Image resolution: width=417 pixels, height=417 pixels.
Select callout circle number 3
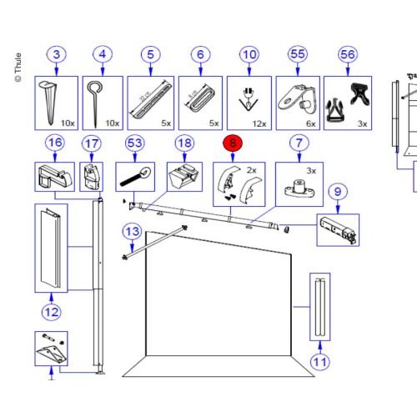[56, 57]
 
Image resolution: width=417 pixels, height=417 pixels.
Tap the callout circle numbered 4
[102, 57]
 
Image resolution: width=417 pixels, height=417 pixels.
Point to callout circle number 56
[346, 57]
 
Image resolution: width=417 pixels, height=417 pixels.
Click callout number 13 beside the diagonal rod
[131, 231]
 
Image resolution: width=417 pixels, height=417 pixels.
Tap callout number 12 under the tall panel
[51, 313]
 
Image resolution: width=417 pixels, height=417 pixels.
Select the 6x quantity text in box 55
[311, 123]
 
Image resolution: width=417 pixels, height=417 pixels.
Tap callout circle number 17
[90, 144]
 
